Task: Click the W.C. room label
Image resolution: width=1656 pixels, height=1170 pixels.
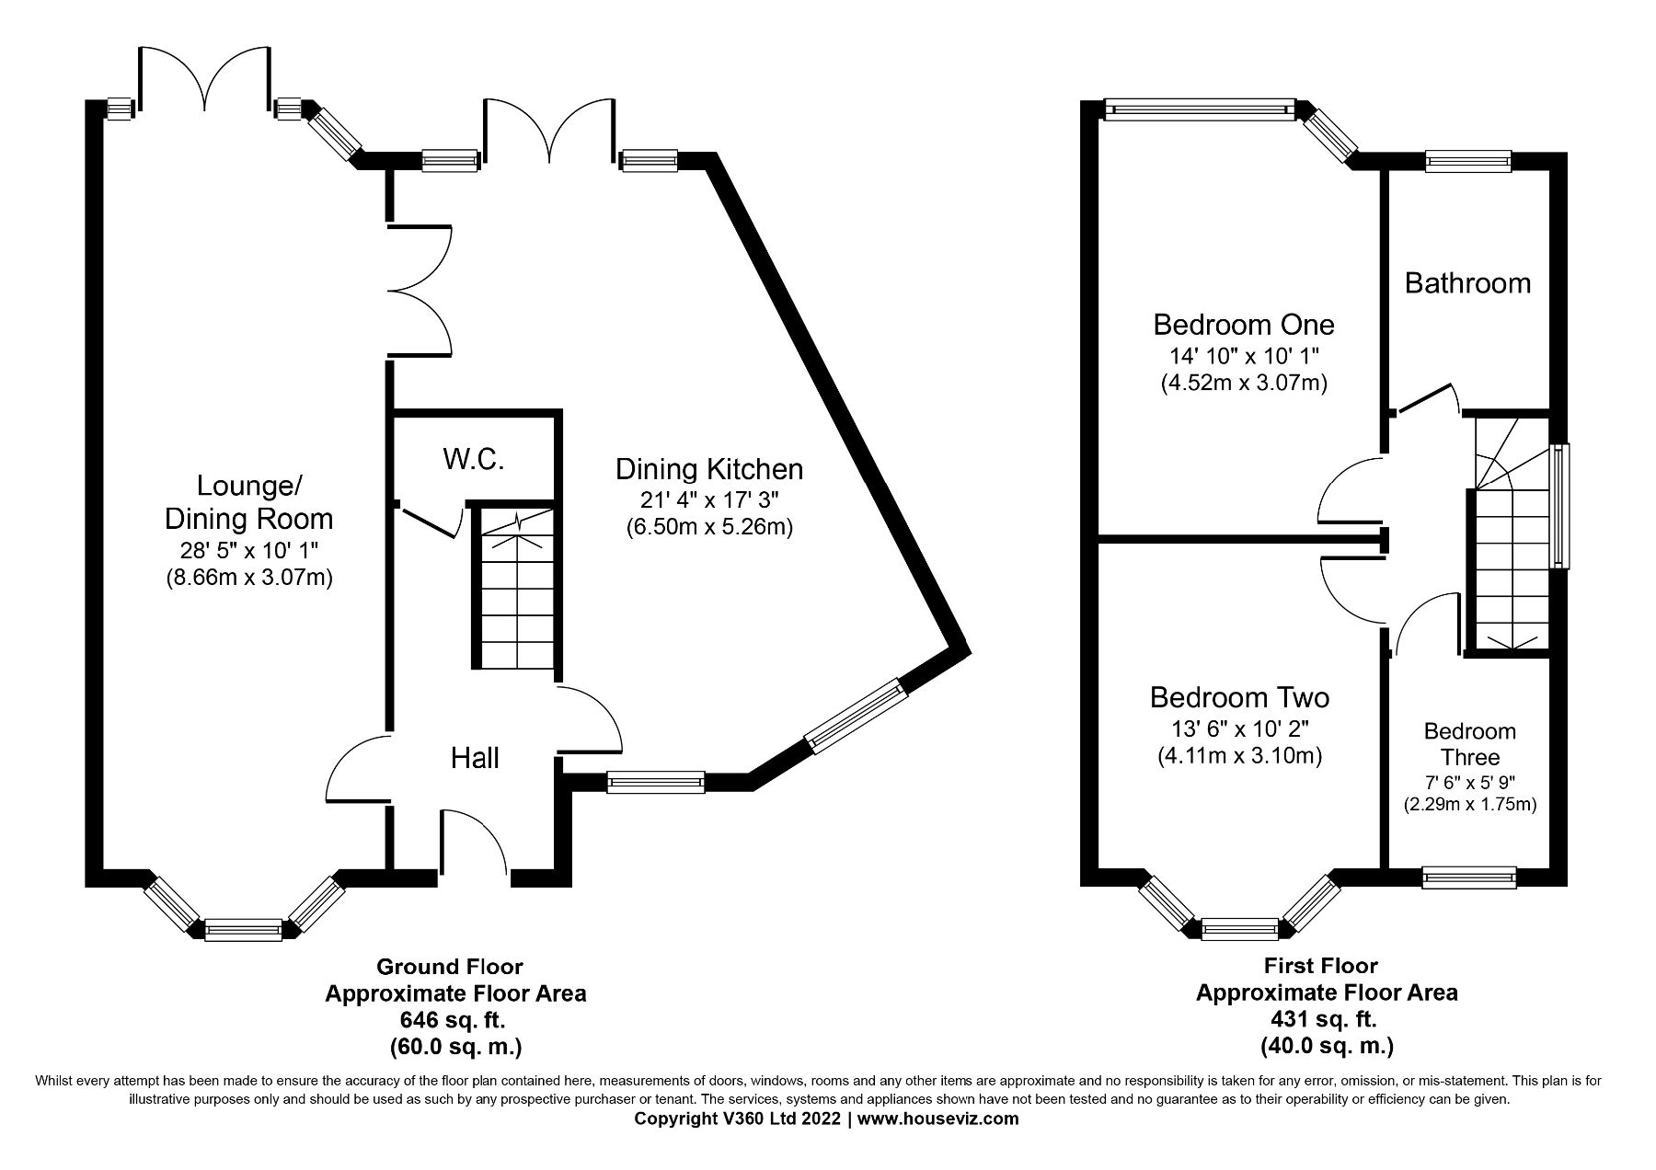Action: coord(474,460)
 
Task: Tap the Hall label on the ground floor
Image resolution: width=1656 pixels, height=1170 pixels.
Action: coord(475,758)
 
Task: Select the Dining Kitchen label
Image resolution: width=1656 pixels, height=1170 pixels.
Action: coord(708,470)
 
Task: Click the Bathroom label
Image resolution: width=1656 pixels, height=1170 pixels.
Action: coord(1467,282)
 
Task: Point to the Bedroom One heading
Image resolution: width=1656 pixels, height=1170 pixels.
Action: coord(1243,325)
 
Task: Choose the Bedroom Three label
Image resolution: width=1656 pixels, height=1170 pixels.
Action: coord(1469,744)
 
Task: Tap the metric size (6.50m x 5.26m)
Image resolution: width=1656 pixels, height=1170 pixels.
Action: coord(708,528)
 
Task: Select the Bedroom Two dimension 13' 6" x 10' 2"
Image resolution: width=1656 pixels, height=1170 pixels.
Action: coord(1239,728)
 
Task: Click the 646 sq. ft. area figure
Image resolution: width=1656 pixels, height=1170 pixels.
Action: coord(452,1020)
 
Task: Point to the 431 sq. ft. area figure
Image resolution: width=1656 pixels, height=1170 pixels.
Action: coord(1326,1019)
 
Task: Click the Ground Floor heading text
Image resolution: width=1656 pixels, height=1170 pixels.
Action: coord(450,967)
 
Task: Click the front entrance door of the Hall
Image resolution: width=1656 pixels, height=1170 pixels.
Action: coord(474,842)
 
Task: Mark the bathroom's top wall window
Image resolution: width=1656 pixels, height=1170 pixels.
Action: coord(1467,162)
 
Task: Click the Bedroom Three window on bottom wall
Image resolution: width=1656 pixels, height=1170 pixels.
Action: coord(1468,877)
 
